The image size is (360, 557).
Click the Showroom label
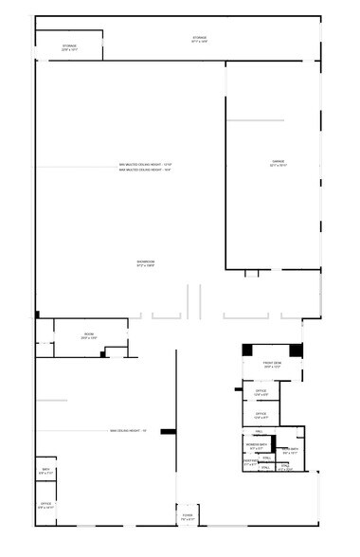145,262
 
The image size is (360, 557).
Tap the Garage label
279,163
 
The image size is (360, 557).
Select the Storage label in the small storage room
69,46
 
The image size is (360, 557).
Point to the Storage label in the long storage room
199,39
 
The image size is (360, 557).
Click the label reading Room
88,335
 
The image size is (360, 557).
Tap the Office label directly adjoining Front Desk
261,391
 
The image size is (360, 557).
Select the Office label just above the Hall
261,415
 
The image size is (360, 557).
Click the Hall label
259,431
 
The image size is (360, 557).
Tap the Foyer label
188,516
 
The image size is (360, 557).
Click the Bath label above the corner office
45,471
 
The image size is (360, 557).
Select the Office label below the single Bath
45,505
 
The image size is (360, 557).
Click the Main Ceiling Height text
128,432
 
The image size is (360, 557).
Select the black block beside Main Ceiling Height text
168,432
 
